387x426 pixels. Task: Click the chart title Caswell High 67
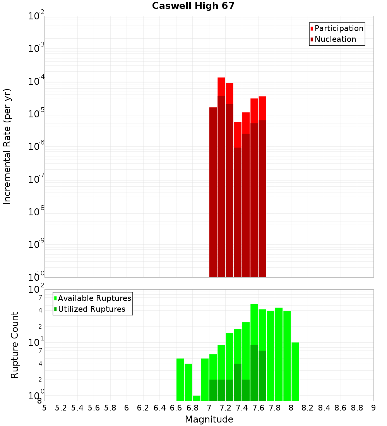pyautogui.click(x=193, y=6)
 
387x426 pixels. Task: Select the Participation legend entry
pyautogui.click(x=339, y=28)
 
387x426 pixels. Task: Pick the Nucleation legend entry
pyautogui.click(x=335, y=39)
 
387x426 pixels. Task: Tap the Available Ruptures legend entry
pyautogui.click(x=94, y=298)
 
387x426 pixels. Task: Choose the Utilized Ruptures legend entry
pyautogui.click(x=91, y=309)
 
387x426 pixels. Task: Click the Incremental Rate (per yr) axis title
pyautogui.click(x=7, y=146)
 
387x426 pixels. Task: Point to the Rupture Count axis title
pyautogui.click(x=15, y=345)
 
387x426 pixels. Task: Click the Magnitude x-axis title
pyautogui.click(x=209, y=419)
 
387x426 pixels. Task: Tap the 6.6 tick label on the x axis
pyautogui.click(x=176, y=408)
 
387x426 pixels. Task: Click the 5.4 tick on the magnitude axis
pyautogui.click(x=77, y=408)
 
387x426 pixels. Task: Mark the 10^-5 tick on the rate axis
pyautogui.click(x=36, y=114)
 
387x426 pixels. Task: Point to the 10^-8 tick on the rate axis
pyautogui.click(x=36, y=212)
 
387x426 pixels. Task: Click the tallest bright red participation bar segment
pyautogui.click(x=221, y=86)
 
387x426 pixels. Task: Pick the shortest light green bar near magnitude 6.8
pyautogui.click(x=197, y=398)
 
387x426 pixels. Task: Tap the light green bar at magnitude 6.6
pyautogui.click(x=180, y=380)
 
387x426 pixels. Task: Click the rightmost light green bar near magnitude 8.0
pyautogui.click(x=295, y=372)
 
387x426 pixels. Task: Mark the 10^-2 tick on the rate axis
pyautogui.click(x=36, y=16)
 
